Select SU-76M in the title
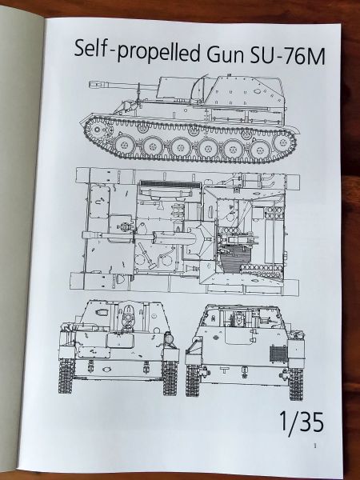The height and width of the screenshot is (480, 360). coord(287,56)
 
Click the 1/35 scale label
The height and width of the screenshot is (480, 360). coord(302,422)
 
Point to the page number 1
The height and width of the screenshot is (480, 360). coord(315,446)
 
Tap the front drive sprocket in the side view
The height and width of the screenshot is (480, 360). coord(98,130)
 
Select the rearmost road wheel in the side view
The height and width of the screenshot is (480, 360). coord(258,150)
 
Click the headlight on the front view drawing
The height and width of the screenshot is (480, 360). coord(169,338)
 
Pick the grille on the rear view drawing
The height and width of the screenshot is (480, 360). coord(278,354)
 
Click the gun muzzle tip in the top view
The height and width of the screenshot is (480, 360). coord(84,235)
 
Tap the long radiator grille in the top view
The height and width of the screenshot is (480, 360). coord(170,185)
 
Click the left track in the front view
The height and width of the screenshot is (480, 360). coord(66,376)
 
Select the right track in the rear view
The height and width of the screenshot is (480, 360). coord(296,384)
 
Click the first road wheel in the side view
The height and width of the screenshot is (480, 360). coord(124,145)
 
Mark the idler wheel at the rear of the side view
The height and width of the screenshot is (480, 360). coord(284,143)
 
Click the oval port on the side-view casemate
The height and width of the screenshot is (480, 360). coord(257,90)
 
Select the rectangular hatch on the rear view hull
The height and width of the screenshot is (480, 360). coord(240,336)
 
